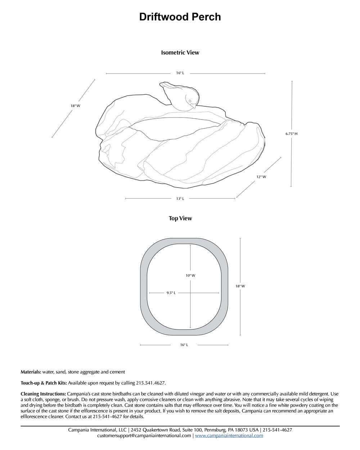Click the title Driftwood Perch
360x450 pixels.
coord(180,17)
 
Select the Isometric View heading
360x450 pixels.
coord(180,53)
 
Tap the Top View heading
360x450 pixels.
coord(180,219)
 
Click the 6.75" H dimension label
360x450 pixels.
coord(291,134)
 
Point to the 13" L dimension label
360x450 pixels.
coord(180,199)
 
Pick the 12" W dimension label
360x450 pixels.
coord(261,177)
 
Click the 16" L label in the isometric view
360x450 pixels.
coord(180,73)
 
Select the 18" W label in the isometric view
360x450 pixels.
coord(75,106)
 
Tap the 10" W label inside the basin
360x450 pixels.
coord(190,275)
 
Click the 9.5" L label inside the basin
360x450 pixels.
coord(171,293)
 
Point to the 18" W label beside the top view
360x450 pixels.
coord(240,286)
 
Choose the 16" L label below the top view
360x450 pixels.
coord(184,345)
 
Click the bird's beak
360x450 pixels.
coord(193,106)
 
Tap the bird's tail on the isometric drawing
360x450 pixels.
coord(162,85)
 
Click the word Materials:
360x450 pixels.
coord(31,372)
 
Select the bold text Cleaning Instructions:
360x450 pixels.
coord(43,394)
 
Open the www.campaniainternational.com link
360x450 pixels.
coord(229,436)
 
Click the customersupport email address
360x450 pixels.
coord(144,436)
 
